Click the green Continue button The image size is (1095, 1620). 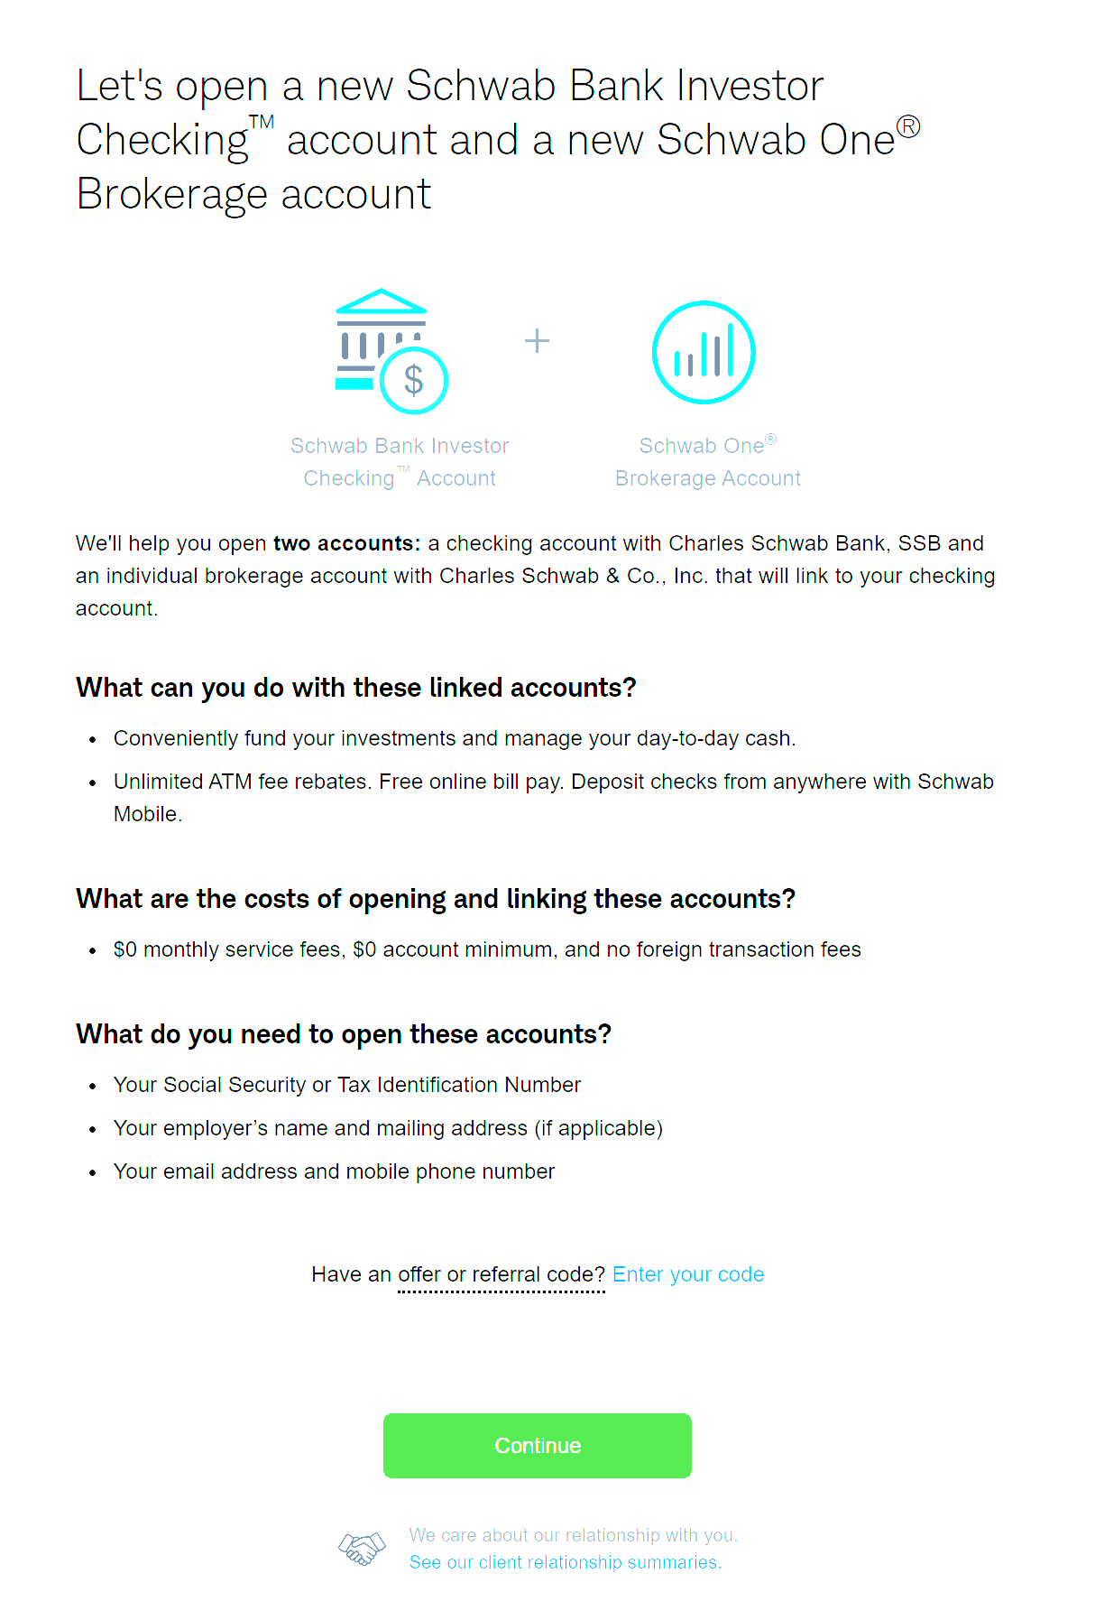coord(537,1445)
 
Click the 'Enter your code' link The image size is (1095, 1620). coord(688,1274)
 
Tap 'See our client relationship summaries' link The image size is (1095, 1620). coord(565,1562)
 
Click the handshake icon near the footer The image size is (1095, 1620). coord(362,1549)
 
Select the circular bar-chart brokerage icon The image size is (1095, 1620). coord(704,352)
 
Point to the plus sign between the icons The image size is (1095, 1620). coord(537,341)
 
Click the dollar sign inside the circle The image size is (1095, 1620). coord(414,381)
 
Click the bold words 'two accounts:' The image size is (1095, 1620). coord(346,543)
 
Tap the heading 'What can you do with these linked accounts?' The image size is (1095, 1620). coord(356,688)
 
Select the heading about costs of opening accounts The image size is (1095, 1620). coord(436,899)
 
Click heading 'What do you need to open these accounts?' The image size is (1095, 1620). coord(344,1034)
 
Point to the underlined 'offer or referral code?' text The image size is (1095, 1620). coord(501,1274)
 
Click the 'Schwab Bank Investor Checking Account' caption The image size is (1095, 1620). coord(400,462)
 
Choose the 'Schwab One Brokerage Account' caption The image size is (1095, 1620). coord(708,462)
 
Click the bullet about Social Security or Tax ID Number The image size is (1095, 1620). coord(347,1085)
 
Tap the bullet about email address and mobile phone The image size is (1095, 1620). coord(334,1171)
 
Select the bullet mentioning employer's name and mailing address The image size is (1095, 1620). coord(388,1128)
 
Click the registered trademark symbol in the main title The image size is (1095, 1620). coord(909,126)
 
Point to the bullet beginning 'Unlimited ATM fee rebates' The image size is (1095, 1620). coord(553,782)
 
